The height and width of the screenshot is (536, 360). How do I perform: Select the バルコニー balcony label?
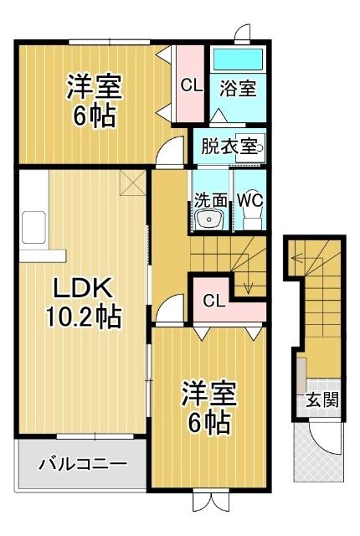(x=83, y=463)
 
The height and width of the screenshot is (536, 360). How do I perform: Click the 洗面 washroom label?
(x=211, y=200)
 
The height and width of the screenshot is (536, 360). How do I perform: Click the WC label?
(x=250, y=200)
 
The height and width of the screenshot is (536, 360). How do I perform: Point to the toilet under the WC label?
(x=250, y=219)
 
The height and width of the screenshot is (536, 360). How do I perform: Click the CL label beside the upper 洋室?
(x=191, y=85)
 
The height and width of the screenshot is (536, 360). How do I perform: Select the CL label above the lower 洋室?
(x=213, y=301)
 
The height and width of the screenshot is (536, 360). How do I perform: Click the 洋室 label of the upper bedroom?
(x=94, y=86)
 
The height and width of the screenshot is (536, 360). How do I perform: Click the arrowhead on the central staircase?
(x=248, y=291)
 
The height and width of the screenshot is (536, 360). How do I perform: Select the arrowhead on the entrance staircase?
(x=294, y=260)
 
